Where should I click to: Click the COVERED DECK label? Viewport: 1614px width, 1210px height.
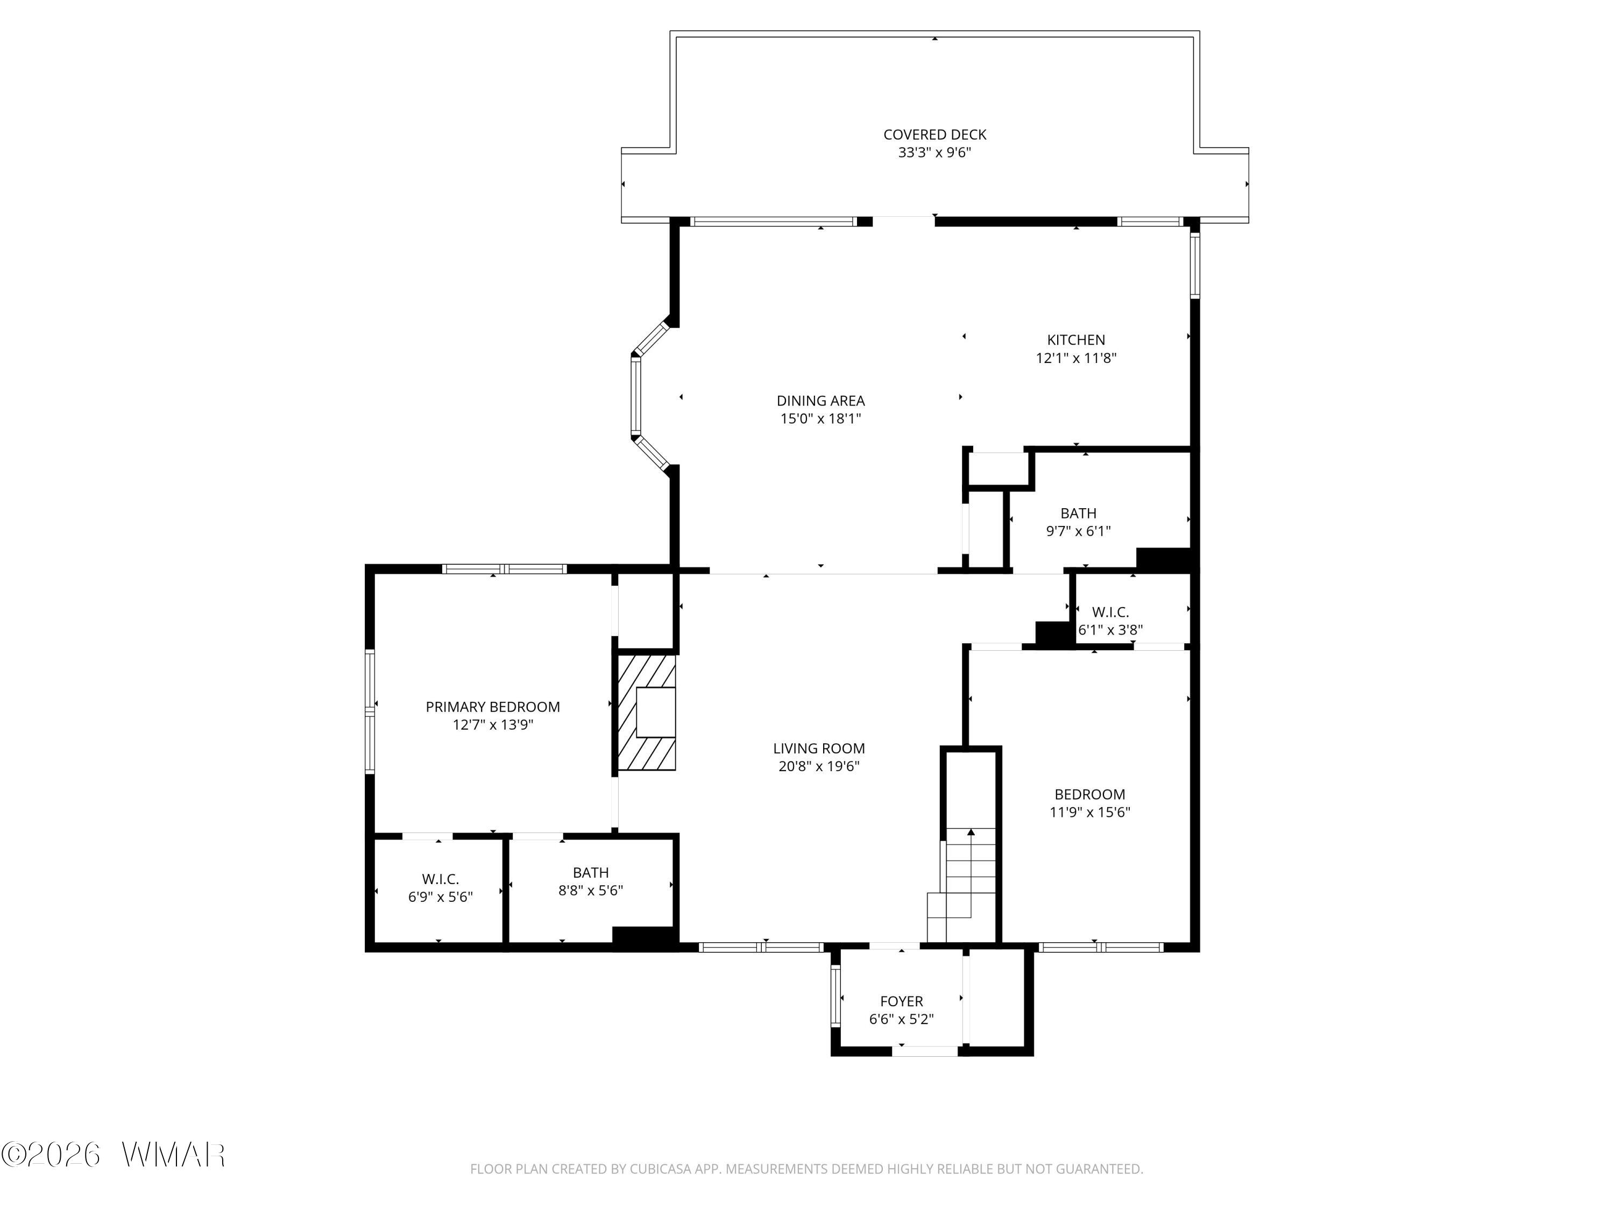[934, 135]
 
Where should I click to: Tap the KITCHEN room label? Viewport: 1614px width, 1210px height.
[1075, 340]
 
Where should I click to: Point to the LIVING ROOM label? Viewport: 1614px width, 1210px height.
[819, 749]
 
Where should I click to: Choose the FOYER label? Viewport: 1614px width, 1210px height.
[901, 1001]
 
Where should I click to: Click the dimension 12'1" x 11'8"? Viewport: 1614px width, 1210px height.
[1075, 358]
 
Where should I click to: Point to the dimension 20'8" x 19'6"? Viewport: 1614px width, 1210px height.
[819, 766]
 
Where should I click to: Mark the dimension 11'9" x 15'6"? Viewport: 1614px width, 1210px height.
[1089, 813]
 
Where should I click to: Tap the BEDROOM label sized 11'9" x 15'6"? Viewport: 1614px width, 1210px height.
[1089, 794]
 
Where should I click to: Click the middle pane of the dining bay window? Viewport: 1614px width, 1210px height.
[635, 396]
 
